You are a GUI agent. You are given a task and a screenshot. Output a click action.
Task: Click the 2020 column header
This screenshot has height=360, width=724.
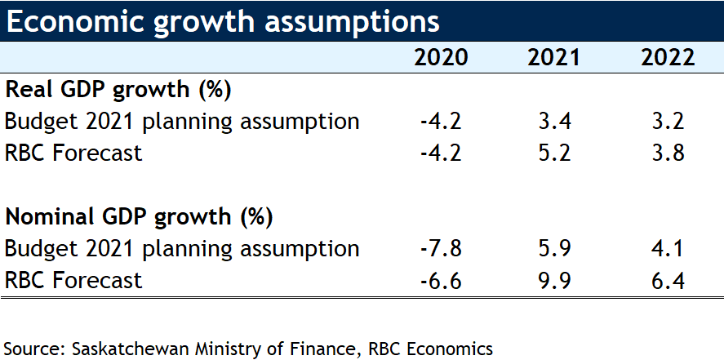click(x=442, y=58)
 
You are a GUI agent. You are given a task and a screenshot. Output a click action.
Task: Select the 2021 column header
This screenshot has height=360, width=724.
click(x=554, y=58)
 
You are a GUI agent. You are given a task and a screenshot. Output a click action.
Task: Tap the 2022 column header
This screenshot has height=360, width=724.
click(x=667, y=58)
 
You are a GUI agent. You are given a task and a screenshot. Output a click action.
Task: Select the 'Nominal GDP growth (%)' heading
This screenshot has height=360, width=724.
click(x=139, y=217)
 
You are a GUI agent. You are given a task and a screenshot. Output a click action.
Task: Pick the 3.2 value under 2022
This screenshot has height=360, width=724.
click(x=667, y=122)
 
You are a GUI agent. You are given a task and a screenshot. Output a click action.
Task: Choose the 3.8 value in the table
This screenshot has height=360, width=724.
click(x=667, y=153)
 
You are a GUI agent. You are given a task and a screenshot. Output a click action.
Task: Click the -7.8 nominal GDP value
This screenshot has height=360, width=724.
click(x=442, y=249)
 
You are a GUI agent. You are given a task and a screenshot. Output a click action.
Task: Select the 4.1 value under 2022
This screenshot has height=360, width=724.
click(x=667, y=249)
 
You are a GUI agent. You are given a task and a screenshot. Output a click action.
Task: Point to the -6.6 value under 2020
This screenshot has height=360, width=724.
click(x=442, y=281)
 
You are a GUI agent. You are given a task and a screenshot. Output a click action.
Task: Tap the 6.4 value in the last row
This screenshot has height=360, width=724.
click(x=667, y=281)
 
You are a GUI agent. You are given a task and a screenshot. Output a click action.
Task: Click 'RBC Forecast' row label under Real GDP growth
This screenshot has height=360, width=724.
click(x=73, y=153)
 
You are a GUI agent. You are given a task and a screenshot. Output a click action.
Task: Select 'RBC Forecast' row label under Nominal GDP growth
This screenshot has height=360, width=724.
click(x=73, y=281)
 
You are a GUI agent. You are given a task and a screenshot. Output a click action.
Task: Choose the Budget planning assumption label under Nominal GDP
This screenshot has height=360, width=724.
click(x=182, y=249)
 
